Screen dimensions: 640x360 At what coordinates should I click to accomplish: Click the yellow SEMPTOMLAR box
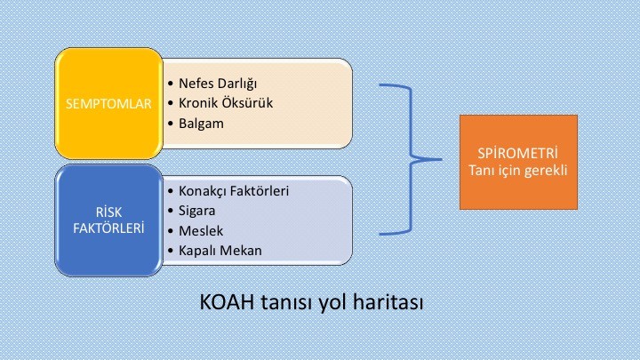tap(109, 103)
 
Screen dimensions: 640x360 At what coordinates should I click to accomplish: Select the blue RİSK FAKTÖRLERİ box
tap(109, 220)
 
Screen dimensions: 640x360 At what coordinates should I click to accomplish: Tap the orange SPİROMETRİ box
tap(518, 162)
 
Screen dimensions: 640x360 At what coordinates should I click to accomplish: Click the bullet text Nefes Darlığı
tap(218, 84)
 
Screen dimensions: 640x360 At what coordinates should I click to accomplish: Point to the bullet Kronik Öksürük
tap(226, 103)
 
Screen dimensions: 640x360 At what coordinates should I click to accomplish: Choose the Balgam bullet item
tap(201, 124)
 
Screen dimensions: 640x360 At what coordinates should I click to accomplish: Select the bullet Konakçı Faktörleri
tap(234, 191)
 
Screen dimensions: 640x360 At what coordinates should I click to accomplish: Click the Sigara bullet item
tap(197, 211)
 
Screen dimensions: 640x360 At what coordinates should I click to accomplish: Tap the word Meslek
tap(201, 231)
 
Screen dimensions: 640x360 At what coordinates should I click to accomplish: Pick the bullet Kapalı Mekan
tap(220, 251)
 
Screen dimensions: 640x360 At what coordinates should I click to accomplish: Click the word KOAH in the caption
tap(227, 302)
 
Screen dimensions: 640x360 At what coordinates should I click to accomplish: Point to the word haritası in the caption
tap(388, 302)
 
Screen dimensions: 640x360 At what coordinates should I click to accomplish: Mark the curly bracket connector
tap(411, 160)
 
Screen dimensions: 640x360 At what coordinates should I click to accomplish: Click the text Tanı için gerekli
tap(518, 170)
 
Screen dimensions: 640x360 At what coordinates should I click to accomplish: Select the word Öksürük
tap(249, 103)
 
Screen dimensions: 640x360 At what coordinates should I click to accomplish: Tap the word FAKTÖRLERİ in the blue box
tap(108, 228)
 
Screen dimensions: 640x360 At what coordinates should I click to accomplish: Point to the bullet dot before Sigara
tap(171, 212)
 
